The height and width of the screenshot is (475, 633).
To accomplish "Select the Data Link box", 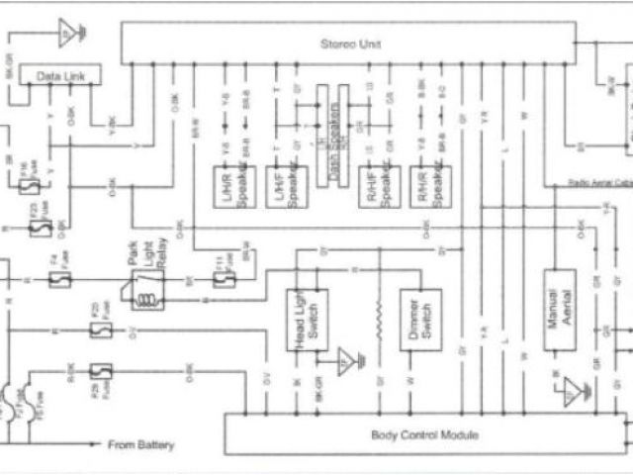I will (x=57, y=76).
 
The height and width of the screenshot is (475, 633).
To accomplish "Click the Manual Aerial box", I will (x=559, y=311).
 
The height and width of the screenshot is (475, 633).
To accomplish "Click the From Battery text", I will (x=139, y=445).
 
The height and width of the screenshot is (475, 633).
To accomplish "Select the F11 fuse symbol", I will (x=224, y=281).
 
